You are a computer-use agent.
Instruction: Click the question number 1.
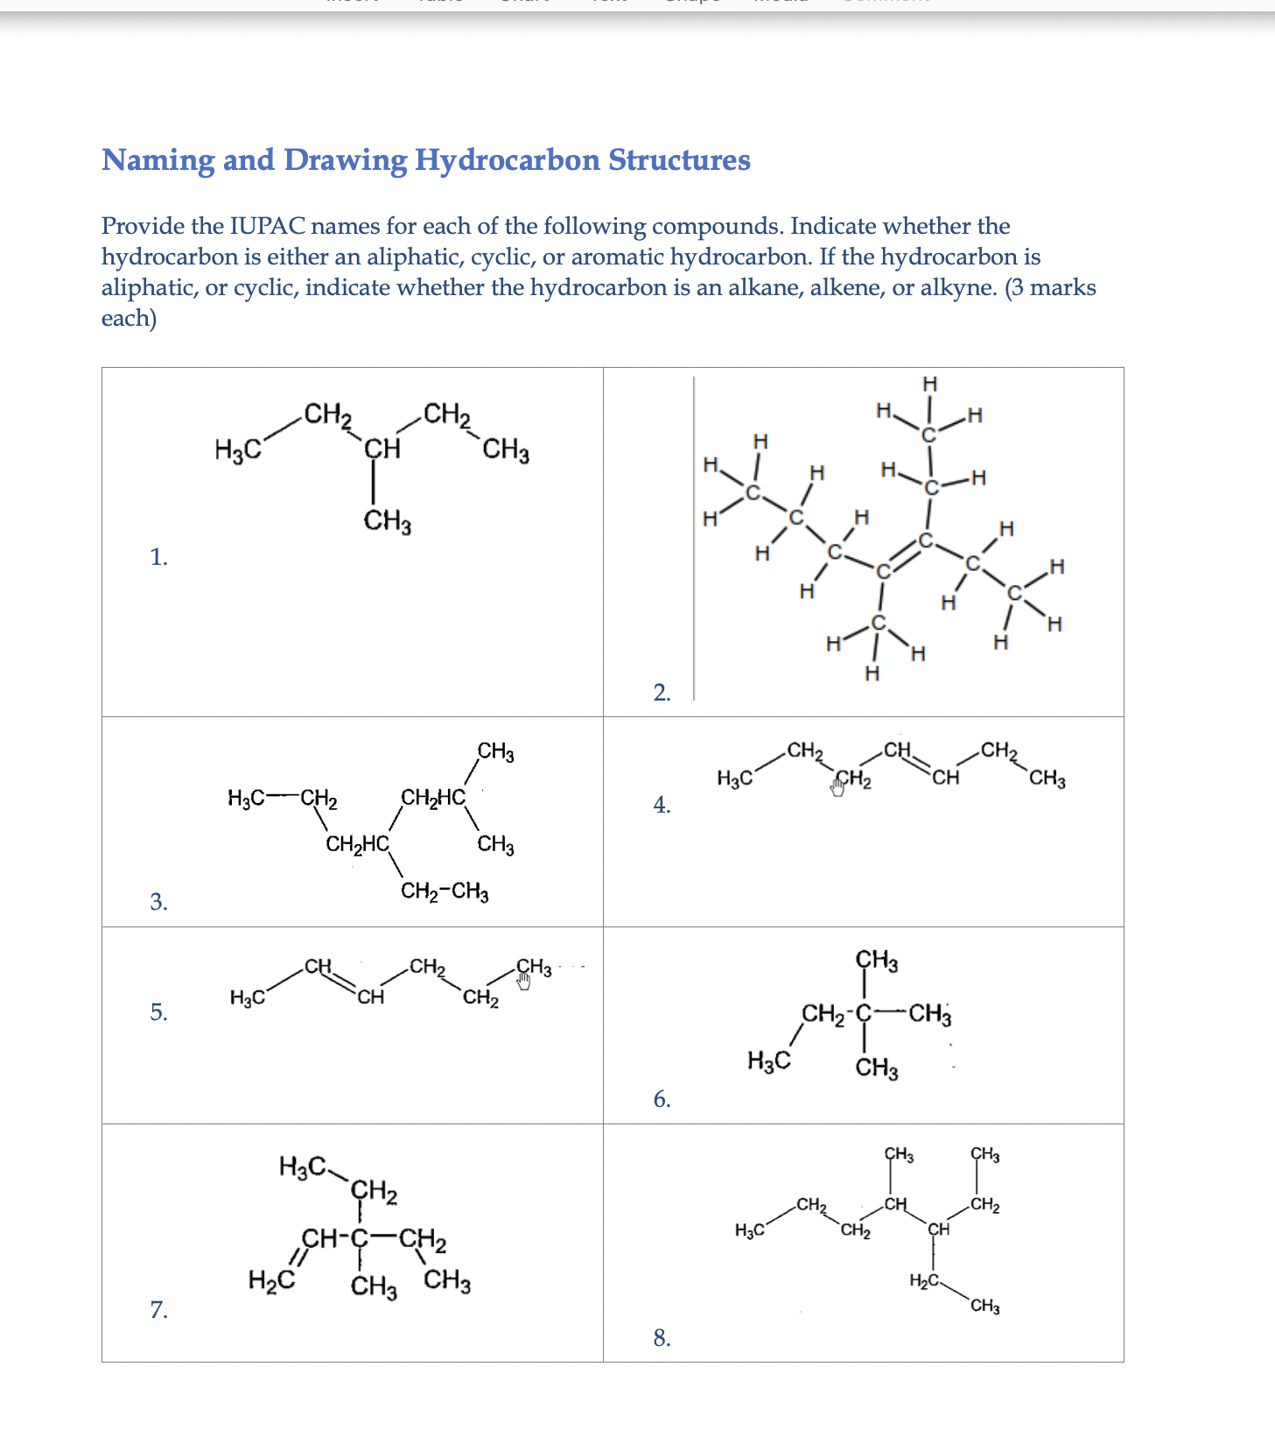158,557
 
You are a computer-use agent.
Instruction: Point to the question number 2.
662,693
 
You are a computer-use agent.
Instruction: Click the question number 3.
158,901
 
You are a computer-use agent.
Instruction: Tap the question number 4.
662,804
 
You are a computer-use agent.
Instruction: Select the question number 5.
158,1012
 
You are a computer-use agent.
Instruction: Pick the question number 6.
662,1099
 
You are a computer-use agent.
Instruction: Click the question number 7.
158,1309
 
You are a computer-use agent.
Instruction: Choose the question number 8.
662,1337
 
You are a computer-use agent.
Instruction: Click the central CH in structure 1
382,449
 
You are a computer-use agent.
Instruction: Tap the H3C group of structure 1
237,451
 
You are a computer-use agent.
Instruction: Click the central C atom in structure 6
864,1014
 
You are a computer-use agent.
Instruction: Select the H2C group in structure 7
270,1281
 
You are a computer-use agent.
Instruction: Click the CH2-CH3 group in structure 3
445,891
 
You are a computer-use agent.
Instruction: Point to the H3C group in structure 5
248,997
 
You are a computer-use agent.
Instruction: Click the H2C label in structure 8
924,1281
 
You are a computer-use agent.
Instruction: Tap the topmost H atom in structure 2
929,384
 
